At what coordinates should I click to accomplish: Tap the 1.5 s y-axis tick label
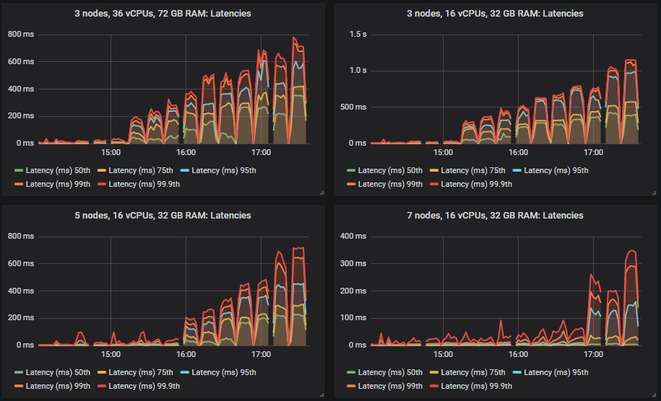[x=357, y=35]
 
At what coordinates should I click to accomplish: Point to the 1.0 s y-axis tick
[x=357, y=71]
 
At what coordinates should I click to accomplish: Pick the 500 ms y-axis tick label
[x=354, y=107]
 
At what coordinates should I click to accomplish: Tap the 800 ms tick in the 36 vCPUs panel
[x=21, y=35]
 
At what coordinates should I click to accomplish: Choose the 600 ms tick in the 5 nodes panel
[x=21, y=264]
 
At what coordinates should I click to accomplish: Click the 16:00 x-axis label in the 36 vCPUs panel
[x=186, y=153]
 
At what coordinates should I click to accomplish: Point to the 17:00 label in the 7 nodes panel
[x=593, y=355]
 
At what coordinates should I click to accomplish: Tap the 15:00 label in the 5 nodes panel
[x=111, y=355]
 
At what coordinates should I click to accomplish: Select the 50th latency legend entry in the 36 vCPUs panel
[x=53, y=171]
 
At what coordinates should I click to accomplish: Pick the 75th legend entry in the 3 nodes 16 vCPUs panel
[x=473, y=171]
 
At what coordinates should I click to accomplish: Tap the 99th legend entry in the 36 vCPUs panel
[x=58, y=184]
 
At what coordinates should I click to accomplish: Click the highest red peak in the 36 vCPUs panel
[x=294, y=38]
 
